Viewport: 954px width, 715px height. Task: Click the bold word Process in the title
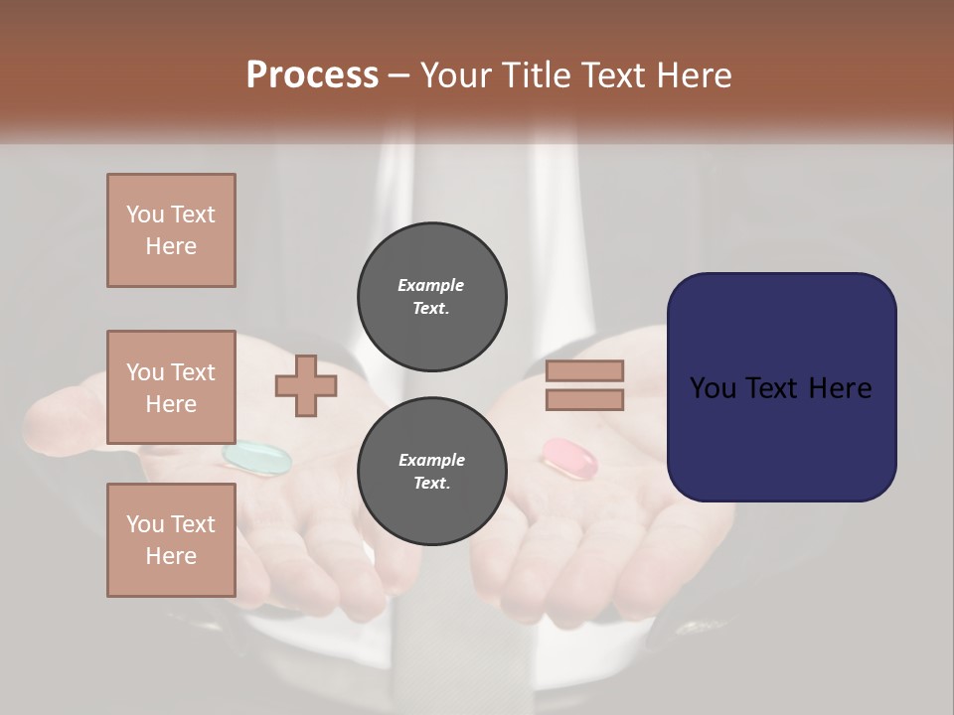312,75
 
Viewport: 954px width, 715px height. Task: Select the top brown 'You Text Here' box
171,230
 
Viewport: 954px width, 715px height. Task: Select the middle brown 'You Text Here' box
171,387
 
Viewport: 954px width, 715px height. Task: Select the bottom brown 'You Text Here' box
171,540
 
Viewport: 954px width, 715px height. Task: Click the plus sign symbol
306,386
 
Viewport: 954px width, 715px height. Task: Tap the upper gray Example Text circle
432,297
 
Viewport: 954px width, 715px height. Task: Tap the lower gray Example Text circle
432,472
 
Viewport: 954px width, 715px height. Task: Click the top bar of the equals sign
585,371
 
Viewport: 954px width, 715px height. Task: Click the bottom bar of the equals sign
585,400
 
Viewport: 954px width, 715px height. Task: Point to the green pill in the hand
257,457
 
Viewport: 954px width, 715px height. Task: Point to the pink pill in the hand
570,456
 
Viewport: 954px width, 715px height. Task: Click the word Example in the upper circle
431,285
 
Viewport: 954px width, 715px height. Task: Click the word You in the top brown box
145,214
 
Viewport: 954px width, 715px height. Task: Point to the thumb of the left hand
70,407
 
